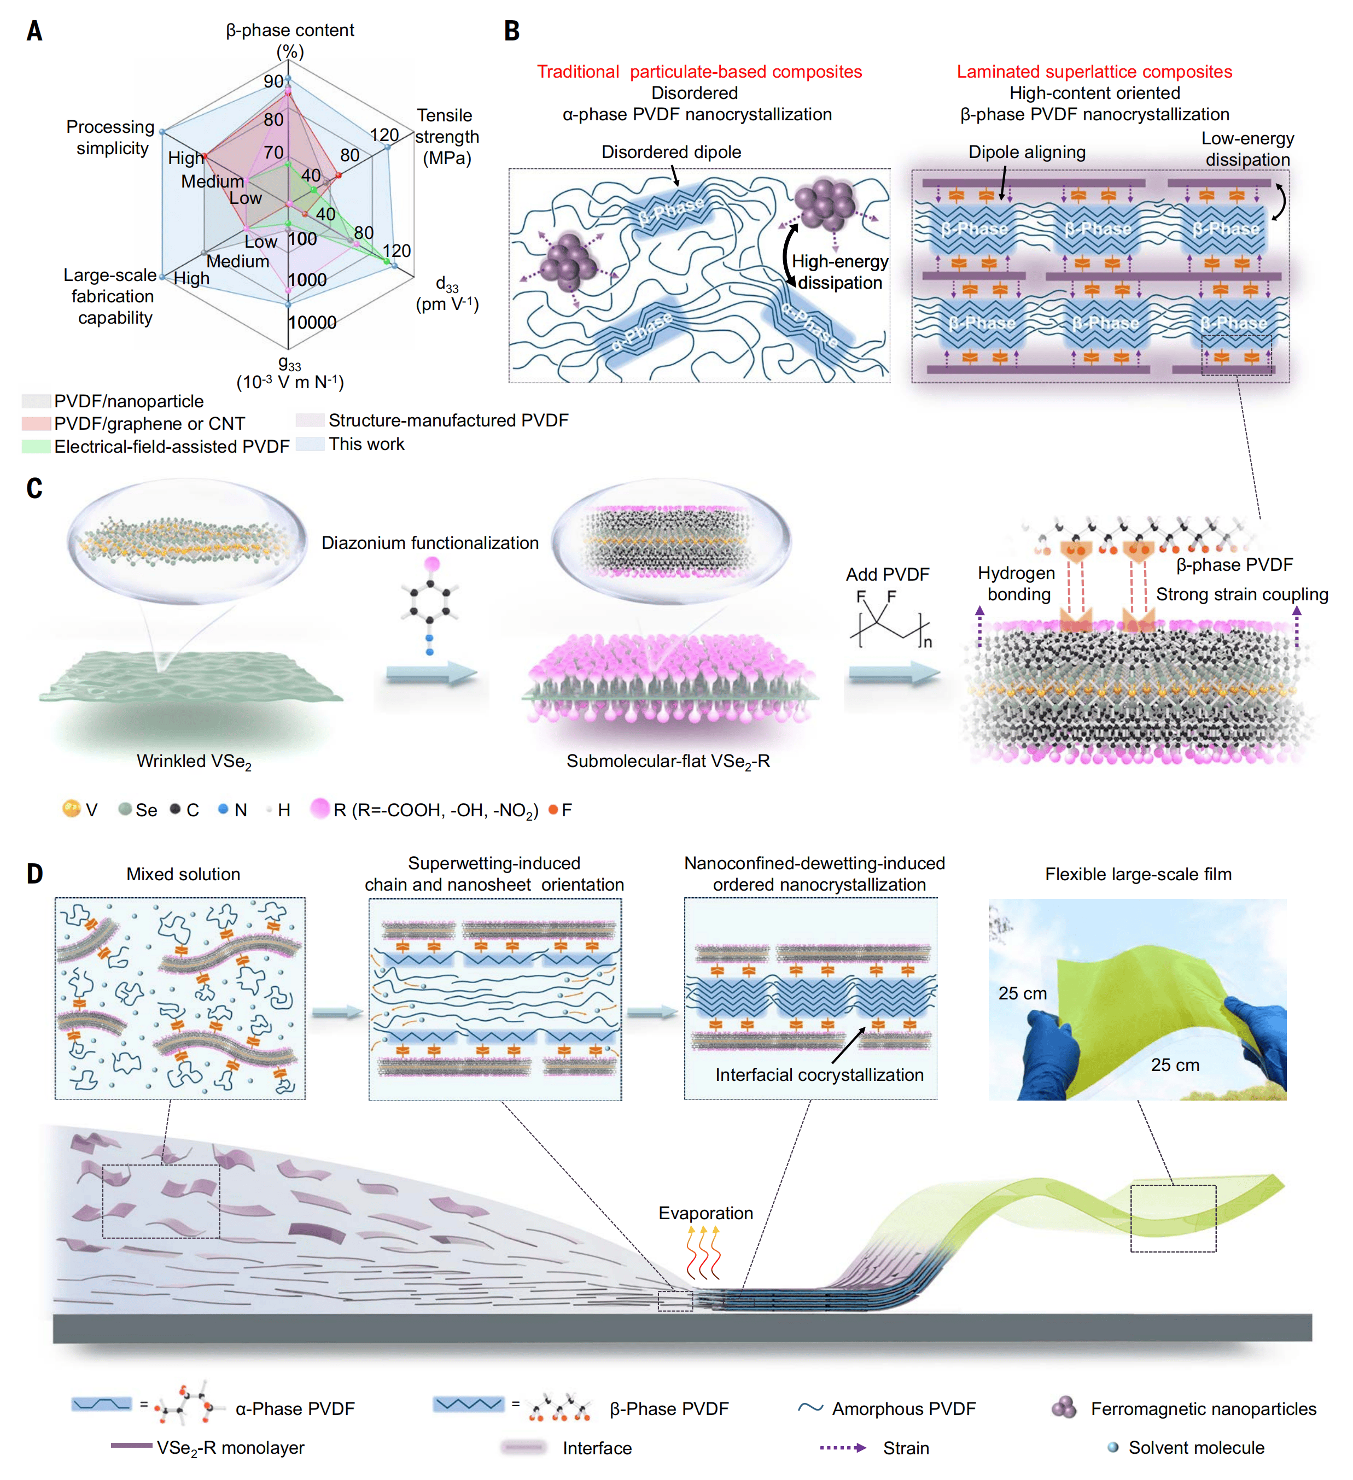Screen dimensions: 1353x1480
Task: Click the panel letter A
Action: point(34,31)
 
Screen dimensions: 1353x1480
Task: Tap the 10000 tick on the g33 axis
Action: point(312,322)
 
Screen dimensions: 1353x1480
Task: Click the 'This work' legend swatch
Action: point(310,444)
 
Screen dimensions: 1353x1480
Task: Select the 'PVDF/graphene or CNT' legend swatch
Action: point(36,424)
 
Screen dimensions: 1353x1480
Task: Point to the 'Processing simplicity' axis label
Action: point(111,137)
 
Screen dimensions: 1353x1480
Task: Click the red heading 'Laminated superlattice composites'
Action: point(1094,72)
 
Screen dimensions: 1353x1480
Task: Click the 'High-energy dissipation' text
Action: point(839,272)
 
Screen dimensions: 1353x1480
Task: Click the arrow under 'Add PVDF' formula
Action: point(894,673)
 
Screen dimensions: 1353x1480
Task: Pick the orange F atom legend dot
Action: point(553,809)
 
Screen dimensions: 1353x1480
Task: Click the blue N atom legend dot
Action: point(223,809)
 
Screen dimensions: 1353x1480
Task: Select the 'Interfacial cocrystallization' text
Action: point(819,1075)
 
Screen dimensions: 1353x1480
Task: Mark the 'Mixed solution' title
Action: point(184,874)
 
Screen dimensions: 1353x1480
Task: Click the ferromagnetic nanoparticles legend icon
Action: point(1064,1407)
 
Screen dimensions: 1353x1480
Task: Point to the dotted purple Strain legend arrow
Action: point(843,1448)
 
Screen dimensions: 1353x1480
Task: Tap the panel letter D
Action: point(34,874)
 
